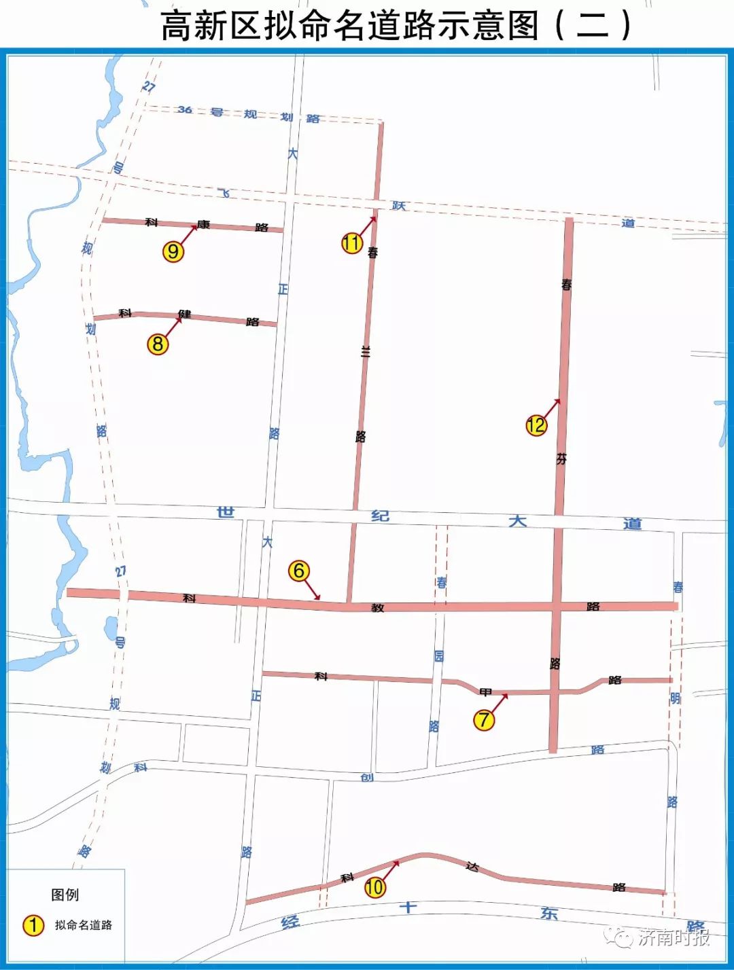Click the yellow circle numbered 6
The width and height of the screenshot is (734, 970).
tap(299, 571)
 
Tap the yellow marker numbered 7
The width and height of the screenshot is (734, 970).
tap(484, 719)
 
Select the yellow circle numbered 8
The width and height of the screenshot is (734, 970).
tap(158, 344)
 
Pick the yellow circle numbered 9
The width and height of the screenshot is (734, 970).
tap(173, 251)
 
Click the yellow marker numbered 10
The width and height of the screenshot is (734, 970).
tap(374, 886)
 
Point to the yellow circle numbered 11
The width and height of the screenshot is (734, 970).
tap(352, 242)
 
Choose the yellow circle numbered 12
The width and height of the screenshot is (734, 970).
tap(536, 425)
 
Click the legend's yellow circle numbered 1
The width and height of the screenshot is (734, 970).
tap(33, 924)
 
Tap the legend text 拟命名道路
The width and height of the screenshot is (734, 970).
tap(84, 925)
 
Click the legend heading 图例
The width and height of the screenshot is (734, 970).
tap(65, 895)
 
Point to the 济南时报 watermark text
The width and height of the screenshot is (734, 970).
tap(674, 937)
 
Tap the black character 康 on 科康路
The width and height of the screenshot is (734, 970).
tap(203, 224)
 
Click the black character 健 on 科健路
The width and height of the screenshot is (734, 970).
tap(184, 314)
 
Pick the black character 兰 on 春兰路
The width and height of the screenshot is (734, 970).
tap(366, 351)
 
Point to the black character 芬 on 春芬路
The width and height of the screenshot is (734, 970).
tap(561, 459)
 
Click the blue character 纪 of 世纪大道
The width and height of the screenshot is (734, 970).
tap(380, 516)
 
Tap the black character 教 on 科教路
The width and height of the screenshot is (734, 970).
tap(378, 607)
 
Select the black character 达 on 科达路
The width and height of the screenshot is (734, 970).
tap(472, 867)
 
